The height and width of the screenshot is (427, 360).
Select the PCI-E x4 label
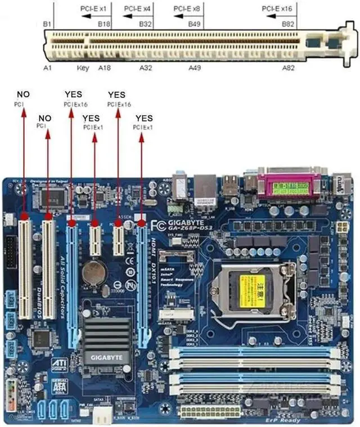(138, 9)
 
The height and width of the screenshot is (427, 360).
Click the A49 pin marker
(195, 68)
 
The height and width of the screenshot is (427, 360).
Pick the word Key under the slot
(83, 68)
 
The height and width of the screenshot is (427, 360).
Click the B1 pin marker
(47, 24)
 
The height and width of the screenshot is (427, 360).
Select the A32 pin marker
(146, 68)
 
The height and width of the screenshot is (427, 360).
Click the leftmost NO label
(24, 95)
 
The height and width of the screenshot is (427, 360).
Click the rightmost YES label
(144, 118)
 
